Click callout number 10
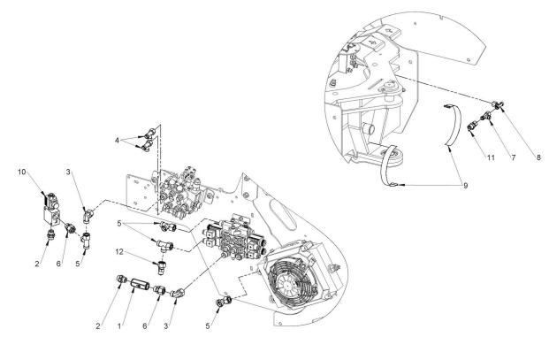click(x=22, y=172)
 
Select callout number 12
click(x=119, y=251)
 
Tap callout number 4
click(x=117, y=141)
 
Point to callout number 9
click(x=465, y=186)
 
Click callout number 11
click(x=491, y=157)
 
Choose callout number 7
click(x=514, y=157)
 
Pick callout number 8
click(x=538, y=157)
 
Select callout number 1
click(x=119, y=326)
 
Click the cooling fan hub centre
click(x=287, y=284)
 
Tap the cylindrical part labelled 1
click(x=140, y=284)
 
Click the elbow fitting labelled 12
click(x=162, y=267)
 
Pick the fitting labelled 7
click(x=487, y=116)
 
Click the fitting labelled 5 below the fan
click(x=224, y=301)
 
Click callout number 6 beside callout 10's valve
click(x=58, y=264)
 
